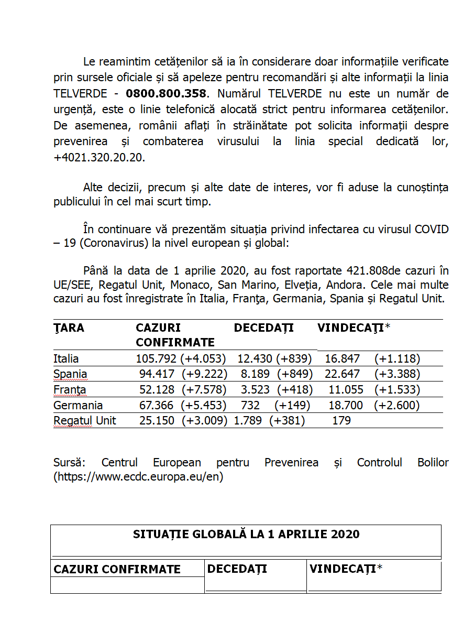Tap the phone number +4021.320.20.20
99,158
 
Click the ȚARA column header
69,328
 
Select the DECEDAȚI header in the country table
263,328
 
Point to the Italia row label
66,359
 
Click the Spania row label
70,374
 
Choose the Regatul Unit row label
85,420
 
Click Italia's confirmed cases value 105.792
156,359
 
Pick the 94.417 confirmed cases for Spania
157,374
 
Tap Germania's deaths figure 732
250,405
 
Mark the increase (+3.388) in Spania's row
397,374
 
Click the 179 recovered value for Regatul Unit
341,420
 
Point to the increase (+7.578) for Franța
204,390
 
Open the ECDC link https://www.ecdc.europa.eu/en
138,477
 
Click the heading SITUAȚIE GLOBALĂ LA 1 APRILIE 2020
246,534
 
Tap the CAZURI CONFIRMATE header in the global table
117,570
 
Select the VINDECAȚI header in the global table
346,569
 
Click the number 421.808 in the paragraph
367,271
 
